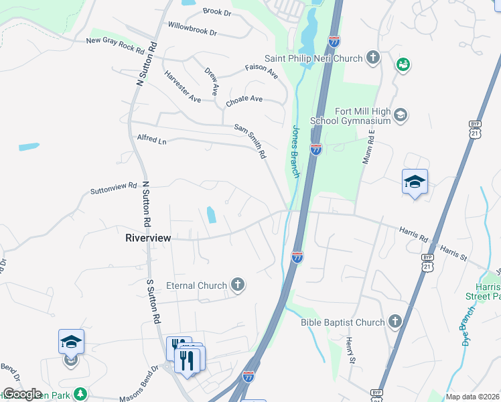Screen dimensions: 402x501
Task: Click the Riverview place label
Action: click(x=148, y=238)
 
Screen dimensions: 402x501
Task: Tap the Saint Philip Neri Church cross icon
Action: click(x=373, y=58)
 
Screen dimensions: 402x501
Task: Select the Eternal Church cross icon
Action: click(x=237, y=285)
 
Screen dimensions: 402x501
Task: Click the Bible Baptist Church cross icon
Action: click(x=395, y=322)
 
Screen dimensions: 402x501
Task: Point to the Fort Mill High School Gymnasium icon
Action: click(x=400, y=115)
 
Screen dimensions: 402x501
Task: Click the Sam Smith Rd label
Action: click(x=250, y=141)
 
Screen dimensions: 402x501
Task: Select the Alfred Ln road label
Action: click(x=151, y=141)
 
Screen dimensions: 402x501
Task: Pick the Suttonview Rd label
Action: click(x=113, y=190)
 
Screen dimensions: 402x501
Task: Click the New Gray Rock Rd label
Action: click(x=115, y=46)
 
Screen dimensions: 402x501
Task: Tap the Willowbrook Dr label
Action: click(x=193, y=28)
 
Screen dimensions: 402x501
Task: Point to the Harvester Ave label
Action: click(x=182, y=86)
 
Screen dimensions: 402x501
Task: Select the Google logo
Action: click(x=21, y=394)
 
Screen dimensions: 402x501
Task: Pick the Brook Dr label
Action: click(x=216, y=12)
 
